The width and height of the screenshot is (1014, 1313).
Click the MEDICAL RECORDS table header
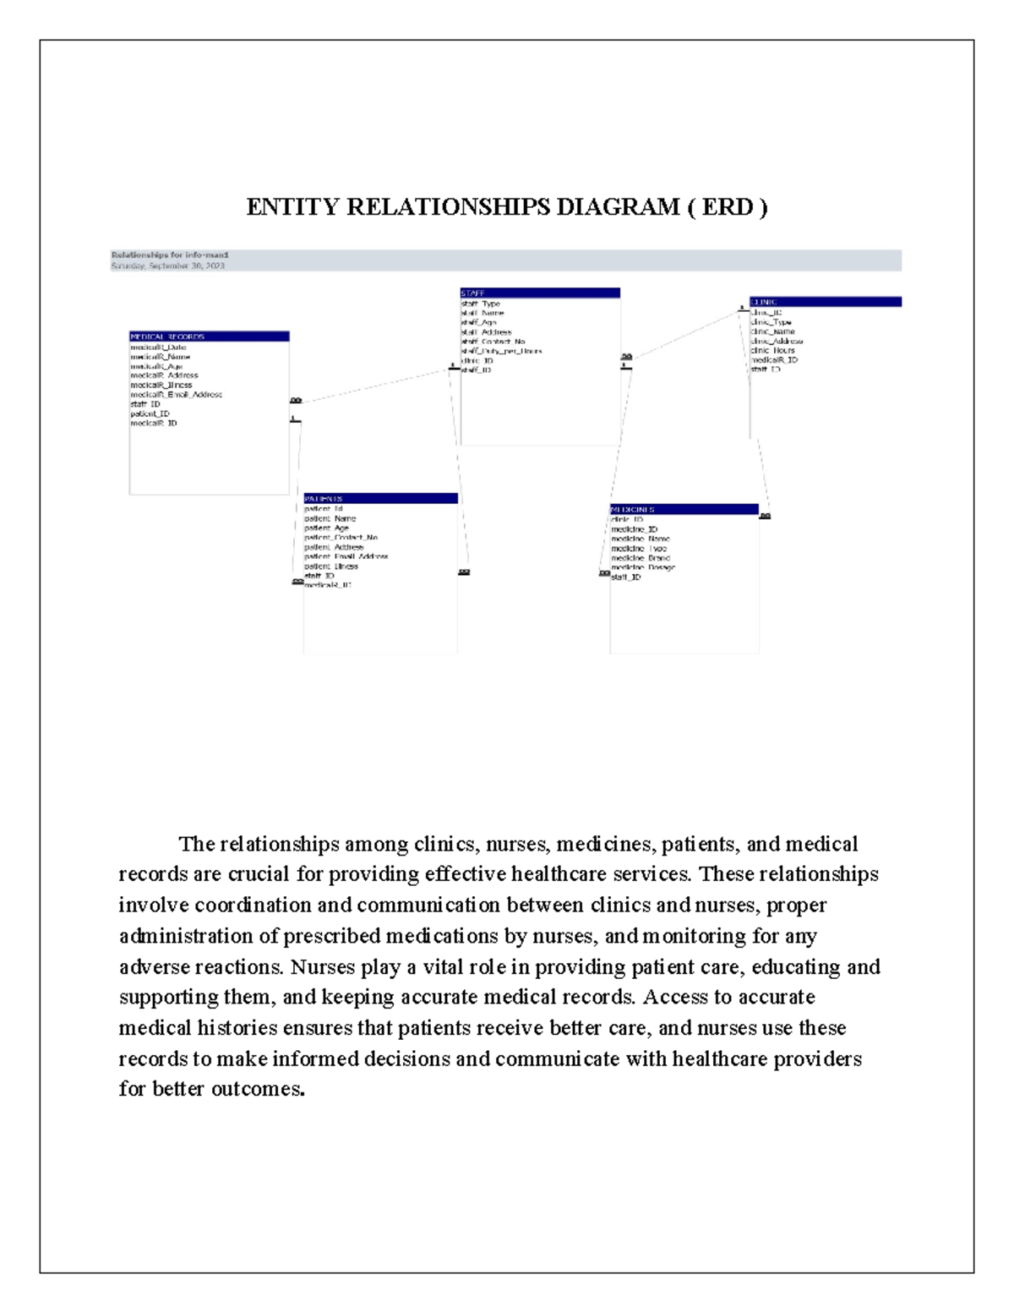click(209, 336)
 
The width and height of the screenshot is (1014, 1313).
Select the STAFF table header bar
click(539, 293)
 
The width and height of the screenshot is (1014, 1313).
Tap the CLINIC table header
click(825, 302)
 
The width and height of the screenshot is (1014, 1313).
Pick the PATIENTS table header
click(380, 499)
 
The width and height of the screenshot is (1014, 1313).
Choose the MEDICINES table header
click(684, 510)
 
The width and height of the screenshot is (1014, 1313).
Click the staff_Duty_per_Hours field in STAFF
click(502, 351)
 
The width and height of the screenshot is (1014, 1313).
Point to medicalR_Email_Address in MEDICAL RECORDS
click(177, 395)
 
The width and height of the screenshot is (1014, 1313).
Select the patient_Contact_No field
click(341, 538)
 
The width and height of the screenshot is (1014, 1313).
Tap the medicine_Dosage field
click(643, 567)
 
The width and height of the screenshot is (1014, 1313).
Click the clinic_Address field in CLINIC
click(777, 342)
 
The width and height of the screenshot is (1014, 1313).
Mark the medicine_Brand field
click(641, 558)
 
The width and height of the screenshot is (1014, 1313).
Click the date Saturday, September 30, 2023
click(168, 265)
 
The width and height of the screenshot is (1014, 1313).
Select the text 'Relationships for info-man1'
click(170, 254)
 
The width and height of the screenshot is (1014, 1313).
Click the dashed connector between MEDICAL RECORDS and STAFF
click(372, 386)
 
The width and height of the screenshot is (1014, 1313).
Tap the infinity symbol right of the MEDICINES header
click(765, 516)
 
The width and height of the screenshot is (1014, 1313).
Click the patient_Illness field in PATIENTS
click(331, 566)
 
